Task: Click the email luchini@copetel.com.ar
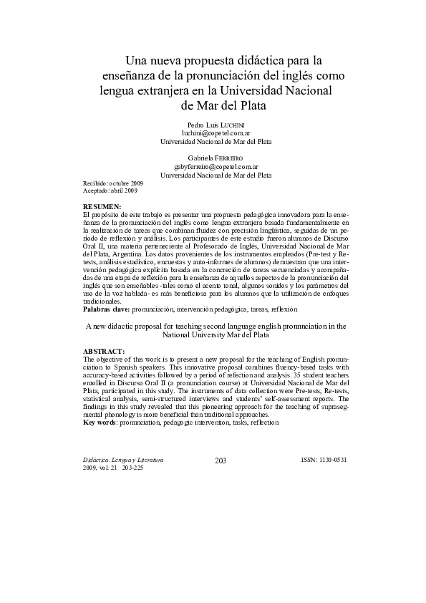(216, 133)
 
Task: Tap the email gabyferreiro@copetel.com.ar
(216, 165)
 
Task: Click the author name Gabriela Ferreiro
(216, 157)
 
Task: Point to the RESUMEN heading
(102, 206)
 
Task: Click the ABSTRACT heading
(104, 351)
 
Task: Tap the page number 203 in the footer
(221, 460)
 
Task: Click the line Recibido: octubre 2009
(113, 184)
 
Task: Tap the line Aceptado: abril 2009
(110, 191)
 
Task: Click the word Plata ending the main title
(246, 106)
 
